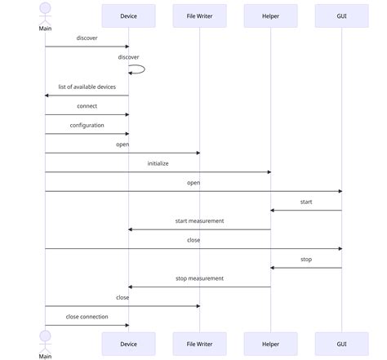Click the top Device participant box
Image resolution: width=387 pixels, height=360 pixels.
pyautogui.click(x=128, y=16)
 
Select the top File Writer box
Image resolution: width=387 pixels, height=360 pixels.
pyautogui.click(x=199, y=16)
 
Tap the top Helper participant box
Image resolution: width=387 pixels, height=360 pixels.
pyautogui.click(x=270, y=16)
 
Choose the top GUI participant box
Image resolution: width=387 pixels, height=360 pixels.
pyautogui.click(x=341, y=16)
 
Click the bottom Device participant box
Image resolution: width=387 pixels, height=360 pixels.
pyautogui.click(x=128, y=344)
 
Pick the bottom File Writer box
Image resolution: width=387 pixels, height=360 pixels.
pyautogui.click(x=199, y=344)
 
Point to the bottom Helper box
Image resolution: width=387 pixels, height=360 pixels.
pyautogui.click(x=270, y=344)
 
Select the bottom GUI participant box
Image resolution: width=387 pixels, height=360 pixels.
pyautogui.click(x=341, y=344)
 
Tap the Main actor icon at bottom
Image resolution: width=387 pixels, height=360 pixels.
pyautogui.click(x=45, y=339)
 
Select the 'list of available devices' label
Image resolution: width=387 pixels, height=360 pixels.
pyautogui.click(x=87, y=87)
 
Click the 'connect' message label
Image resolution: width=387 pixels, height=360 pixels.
pyautogui.click(x=87, y=106)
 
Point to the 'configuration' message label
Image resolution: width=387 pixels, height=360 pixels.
pyautogui.click(x=87, y=125)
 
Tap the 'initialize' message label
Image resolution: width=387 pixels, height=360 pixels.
pyautogui.click(x=158, y=163)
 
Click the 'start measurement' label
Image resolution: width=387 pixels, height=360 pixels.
pyautogui.click(x=199, y=220)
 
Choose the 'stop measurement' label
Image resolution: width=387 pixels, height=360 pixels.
pyautogui.click(x=199, y=278)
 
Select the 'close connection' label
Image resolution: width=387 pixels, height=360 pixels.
pyautogui.click(x=87, y=316)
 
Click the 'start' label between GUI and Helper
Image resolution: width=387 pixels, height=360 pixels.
pyautogui.click(x=306, y=202)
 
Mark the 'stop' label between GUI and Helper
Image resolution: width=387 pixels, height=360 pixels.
pyautogui.click(x=306, y=259)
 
